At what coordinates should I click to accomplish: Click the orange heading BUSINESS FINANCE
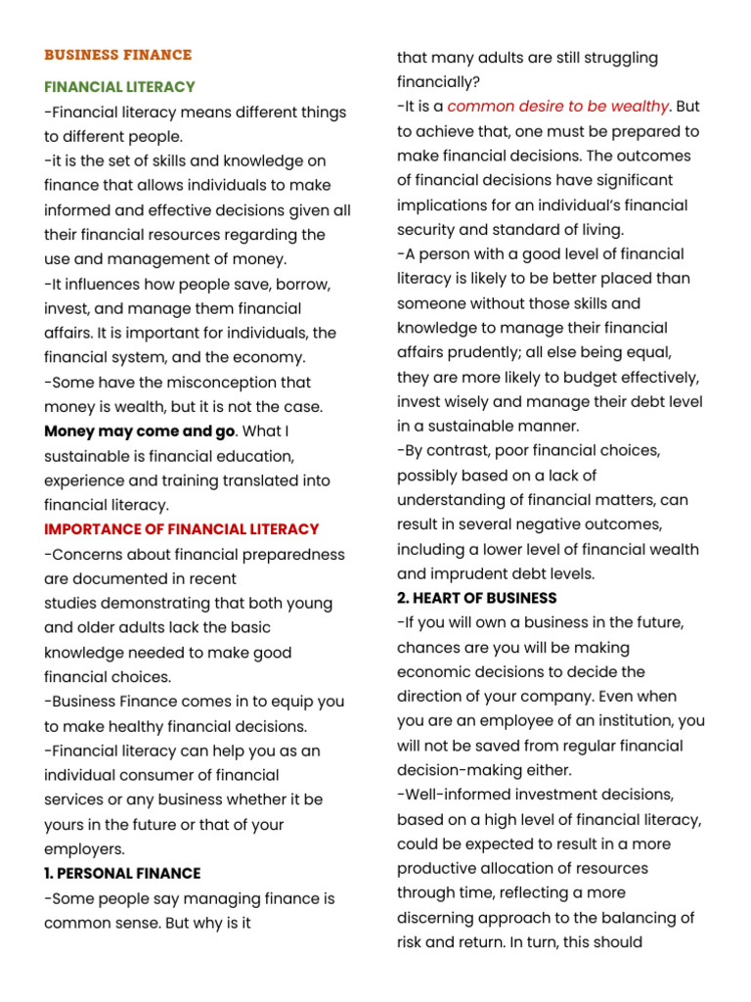[117, 55]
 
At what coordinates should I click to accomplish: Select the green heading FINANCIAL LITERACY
[119, 87]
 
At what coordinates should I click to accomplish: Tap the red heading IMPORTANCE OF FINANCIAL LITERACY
[182, 529]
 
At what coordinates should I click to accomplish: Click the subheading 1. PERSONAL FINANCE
[122, 874]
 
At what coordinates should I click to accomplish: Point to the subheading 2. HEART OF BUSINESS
[477, 598]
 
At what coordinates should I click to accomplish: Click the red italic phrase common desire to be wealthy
[558, 107]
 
